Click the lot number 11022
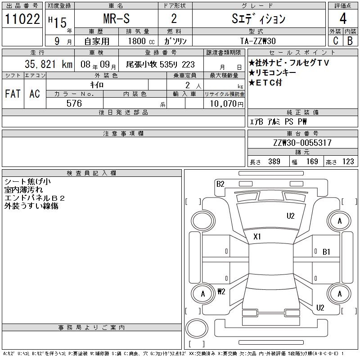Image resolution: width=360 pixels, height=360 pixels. (x=22, y=19)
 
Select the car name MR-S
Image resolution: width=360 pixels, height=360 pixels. (x=117, y=18)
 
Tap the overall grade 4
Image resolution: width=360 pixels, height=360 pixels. (x=343, y=18)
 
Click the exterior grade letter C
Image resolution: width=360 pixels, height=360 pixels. (x=336, y=40)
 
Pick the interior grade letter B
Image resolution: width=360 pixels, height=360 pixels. (x=350, y=40)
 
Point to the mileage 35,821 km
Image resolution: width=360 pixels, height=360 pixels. (x=49, y=64)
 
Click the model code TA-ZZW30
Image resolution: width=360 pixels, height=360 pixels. (x=258, y=41)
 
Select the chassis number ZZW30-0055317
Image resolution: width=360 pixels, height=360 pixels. (x=302, y=143)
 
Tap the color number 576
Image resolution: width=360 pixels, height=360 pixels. (x=74, y=103)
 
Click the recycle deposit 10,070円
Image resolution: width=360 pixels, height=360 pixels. (x=227, y=104)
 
